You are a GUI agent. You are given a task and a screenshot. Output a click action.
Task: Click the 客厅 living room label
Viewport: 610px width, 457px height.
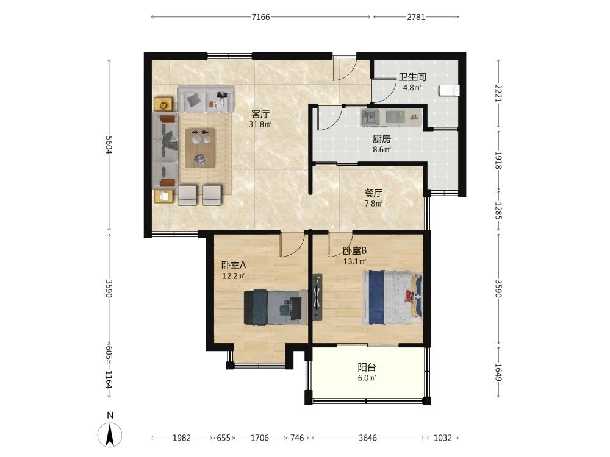click(x=260, y=114)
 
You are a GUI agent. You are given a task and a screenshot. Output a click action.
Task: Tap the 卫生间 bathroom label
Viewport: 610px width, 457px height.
click(x=412, y=77)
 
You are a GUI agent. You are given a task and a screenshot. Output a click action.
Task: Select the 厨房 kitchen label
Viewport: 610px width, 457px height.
click(x=382, y=139)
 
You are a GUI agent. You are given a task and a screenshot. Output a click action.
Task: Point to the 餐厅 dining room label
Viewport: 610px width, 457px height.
click(x=373, y=193)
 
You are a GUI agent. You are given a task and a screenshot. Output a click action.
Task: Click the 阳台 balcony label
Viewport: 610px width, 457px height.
click(x=367, y=367)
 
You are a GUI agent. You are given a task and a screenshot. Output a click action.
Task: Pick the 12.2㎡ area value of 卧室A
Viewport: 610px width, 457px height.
click(x=234, y=276)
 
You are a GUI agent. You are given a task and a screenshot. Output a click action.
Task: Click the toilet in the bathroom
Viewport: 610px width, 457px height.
click(x=450, y=91)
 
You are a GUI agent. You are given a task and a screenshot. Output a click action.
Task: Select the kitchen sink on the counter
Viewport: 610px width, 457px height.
click(x=371, y=116)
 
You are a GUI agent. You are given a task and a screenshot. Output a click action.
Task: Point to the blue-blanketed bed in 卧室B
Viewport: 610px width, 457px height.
click(x=392, y=297)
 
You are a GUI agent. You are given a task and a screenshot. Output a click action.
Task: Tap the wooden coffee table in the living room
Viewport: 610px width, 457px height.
click(x=200, y=147)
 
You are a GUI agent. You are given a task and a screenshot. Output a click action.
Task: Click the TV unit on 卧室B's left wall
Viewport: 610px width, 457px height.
click(x=317, y=297)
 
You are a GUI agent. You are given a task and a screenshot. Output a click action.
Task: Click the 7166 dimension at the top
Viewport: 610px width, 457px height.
click(x=260, y=16)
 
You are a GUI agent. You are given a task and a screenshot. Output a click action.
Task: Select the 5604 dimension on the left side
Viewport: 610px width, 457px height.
click(x=109, y=144)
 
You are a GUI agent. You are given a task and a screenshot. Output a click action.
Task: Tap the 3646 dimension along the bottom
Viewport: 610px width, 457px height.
click(x=368, y=438)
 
